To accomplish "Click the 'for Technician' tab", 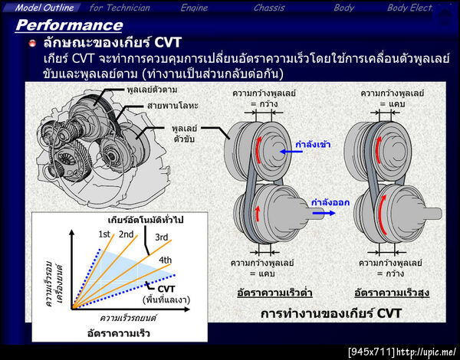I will pyautogui.click(x=120, y=8).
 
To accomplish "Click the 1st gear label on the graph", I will pyautogui.click(x=104, y=234).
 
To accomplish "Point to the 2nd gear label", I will pyautogui.click(x=127, y=234).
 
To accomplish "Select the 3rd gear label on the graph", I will pyautogui.click(x=162, y=237).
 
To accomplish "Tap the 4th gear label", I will pyautogui.click(x=164, y=260).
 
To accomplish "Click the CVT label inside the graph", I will pyautogui.click(x=166, y=288).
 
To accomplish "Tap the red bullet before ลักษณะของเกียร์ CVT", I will pyautogui.click(x=32, y=42).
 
